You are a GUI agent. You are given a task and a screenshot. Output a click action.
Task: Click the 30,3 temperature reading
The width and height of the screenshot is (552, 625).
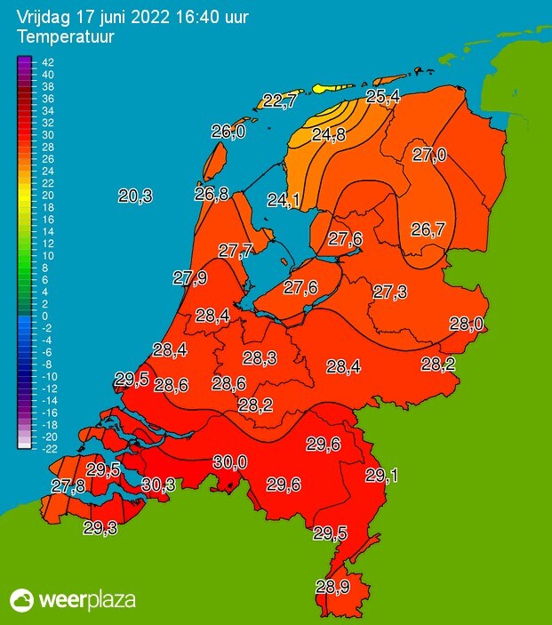tap(157, 485)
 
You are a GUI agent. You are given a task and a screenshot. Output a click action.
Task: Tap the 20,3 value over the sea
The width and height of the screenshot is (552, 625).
tap(135, 196)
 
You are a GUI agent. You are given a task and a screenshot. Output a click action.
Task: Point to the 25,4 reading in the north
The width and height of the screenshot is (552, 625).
tap(382, 96)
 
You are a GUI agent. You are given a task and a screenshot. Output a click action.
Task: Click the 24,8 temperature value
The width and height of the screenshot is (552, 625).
tap(329, 135)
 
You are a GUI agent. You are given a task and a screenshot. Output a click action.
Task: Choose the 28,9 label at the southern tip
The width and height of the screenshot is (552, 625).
tap(332, 587)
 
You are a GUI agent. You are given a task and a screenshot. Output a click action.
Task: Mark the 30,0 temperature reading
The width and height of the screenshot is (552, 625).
tap(230, 461)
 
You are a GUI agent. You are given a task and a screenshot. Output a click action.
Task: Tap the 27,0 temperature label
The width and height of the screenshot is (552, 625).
tap(429, 156)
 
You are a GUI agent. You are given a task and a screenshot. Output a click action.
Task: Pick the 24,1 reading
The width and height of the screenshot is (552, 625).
tap(284, 200)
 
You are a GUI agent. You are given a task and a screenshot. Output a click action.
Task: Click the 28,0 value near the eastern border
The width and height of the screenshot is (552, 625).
tap(466, 325)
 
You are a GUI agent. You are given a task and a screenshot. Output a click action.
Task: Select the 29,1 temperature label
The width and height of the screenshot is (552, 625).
tap(381, 476)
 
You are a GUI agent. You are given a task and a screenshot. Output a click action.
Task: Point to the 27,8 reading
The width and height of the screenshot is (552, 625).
tap(68, 486)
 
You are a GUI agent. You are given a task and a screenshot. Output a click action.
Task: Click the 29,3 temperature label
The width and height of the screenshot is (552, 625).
tap(100, 528)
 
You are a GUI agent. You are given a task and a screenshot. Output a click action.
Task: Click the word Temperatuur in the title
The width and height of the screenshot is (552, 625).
tap(59, 37)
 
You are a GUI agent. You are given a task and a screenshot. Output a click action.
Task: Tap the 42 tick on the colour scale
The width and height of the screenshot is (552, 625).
tap(49, 62)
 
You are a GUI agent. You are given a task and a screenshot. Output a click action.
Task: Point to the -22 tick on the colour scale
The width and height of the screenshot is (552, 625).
tap(49, 449)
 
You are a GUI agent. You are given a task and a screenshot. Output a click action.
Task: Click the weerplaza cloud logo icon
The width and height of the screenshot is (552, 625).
tap(21, 600)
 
